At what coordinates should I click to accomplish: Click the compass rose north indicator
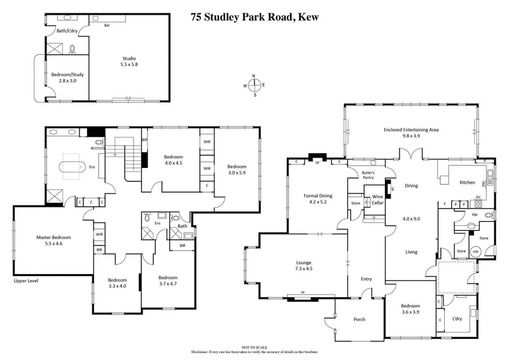254,76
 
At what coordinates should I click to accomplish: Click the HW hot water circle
475,250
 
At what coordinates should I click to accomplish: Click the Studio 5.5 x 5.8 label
129,62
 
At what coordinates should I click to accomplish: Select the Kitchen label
468,183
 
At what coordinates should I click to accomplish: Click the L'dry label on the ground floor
457,317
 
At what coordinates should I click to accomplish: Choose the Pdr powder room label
473,214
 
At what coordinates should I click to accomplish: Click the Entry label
366,279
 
